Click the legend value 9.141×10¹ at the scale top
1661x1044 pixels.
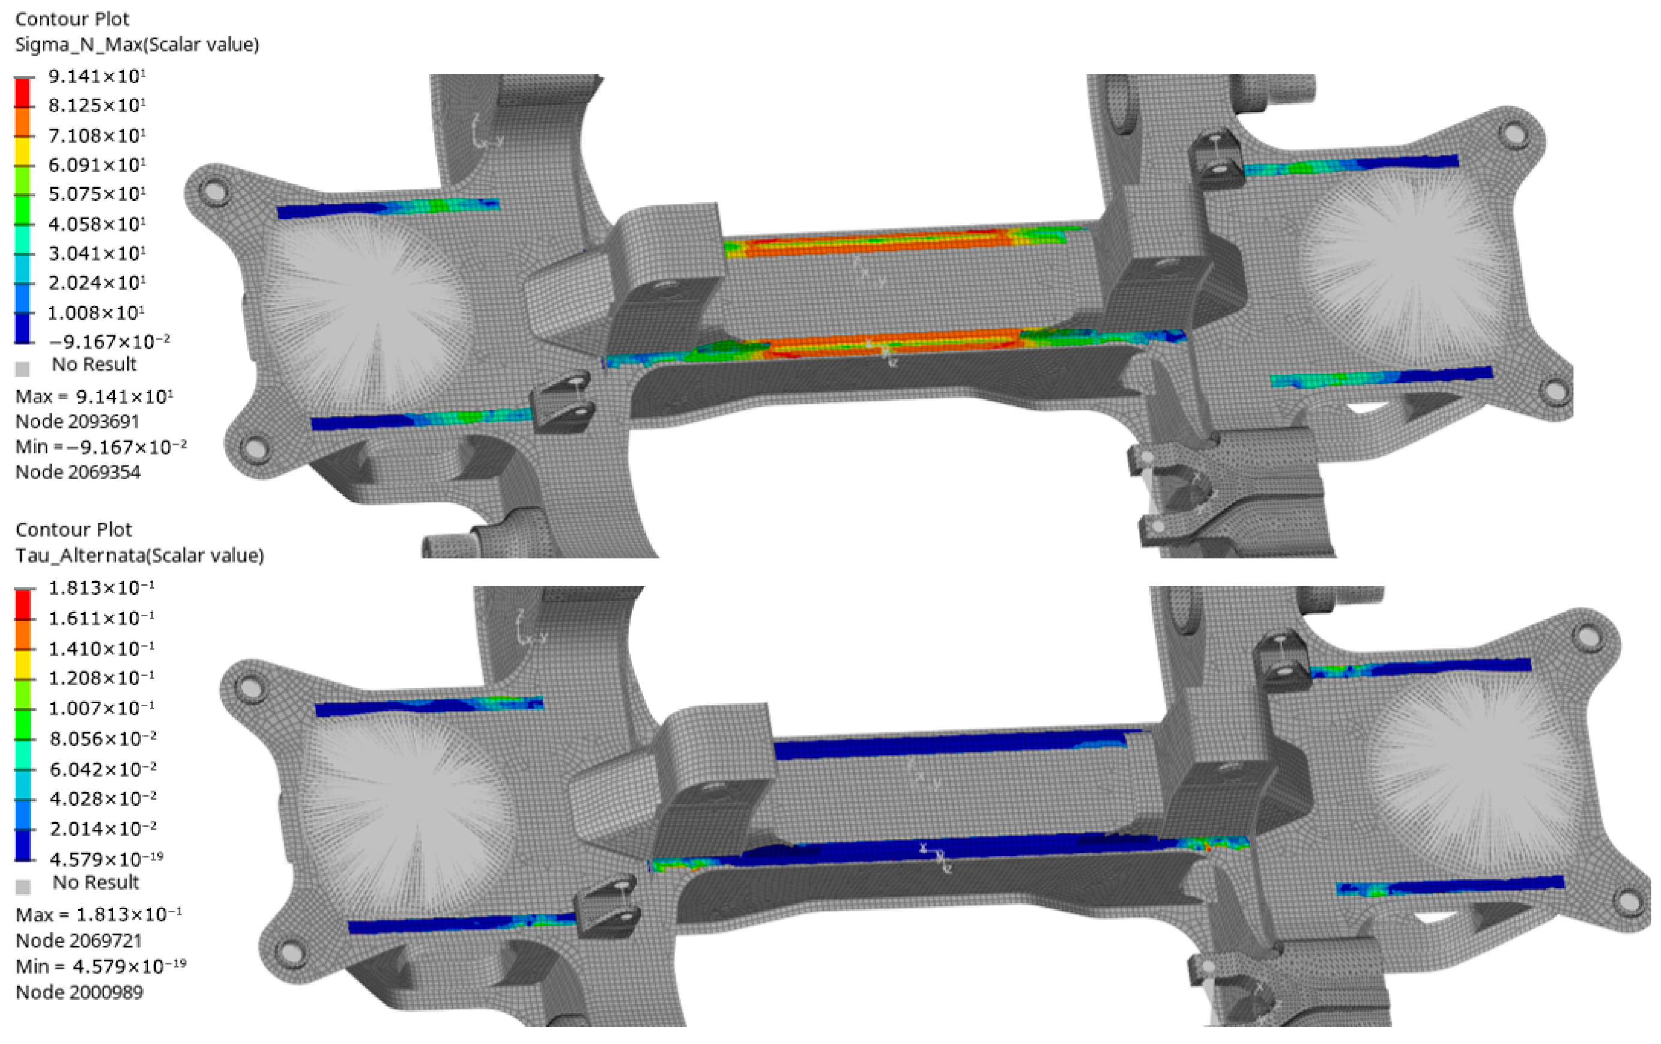coord(97,76)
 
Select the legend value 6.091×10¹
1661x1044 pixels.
coord(97,164)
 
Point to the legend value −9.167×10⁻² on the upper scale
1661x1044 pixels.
coord(109,341)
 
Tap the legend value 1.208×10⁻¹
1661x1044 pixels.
coord(101,678)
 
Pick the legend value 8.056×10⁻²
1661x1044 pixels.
coord(103,738)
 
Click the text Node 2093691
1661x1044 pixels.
coord(77,421)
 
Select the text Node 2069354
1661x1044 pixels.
coord(78,472)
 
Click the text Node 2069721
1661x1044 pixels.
coord(79,941)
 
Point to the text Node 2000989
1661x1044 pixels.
coord(79,992)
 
